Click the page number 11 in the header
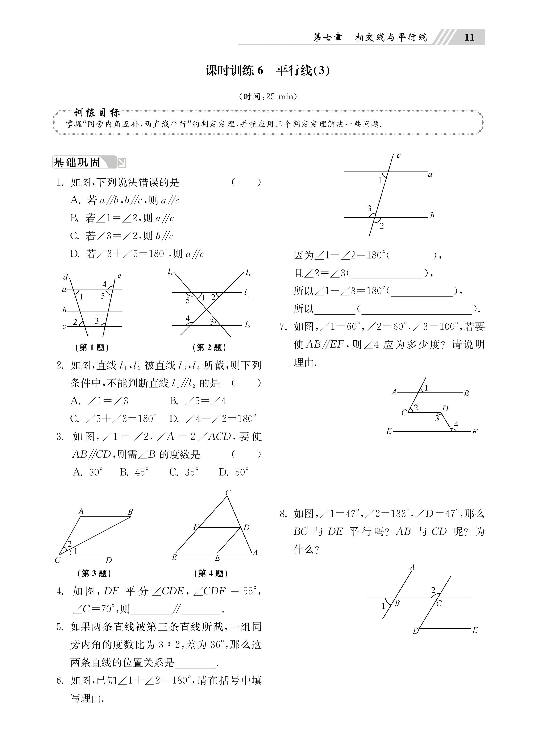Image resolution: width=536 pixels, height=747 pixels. (469, 37)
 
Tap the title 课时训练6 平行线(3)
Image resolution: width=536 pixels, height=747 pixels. (267, 70)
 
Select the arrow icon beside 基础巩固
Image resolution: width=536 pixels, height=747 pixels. (122, 163)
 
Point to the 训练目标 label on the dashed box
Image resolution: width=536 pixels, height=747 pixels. (96, 113)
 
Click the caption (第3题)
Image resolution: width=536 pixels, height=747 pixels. (94, 573)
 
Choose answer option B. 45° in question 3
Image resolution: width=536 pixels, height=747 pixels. (134, 472)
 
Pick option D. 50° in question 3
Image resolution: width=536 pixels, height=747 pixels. (234, 472)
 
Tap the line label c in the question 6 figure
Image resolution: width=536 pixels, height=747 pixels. (399, 156)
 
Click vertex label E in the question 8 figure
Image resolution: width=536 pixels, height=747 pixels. (475, 630)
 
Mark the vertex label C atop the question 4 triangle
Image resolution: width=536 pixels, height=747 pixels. (228, 502)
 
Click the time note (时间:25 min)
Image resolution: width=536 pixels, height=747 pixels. (268, 96)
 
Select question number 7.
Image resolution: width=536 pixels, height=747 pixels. (283, 327)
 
